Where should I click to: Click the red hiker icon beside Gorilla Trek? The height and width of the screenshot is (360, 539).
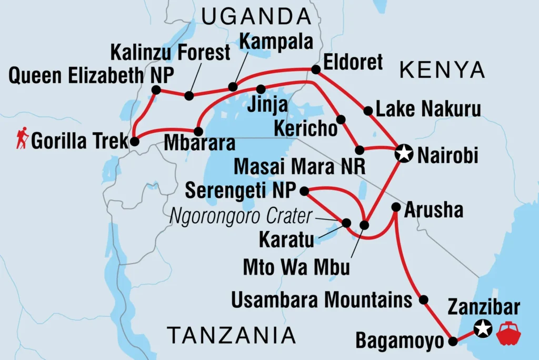(22, 140)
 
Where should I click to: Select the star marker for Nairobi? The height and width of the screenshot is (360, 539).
(404, 154)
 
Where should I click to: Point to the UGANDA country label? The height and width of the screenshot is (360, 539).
(256, 17)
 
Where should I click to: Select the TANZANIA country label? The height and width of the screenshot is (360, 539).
(231, 335)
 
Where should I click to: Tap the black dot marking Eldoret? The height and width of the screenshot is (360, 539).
(315, 69)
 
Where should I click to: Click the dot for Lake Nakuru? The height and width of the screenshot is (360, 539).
(368, 111)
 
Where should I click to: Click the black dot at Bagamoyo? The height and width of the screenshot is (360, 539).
(453, 342)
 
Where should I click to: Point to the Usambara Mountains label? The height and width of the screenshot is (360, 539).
(322, 301)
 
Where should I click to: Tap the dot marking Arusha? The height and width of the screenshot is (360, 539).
(396, 207)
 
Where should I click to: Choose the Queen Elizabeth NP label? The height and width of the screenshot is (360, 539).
(91, 76)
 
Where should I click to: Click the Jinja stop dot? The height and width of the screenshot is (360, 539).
(261, 89)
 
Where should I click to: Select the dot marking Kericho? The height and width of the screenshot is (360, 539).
(341, 119)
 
